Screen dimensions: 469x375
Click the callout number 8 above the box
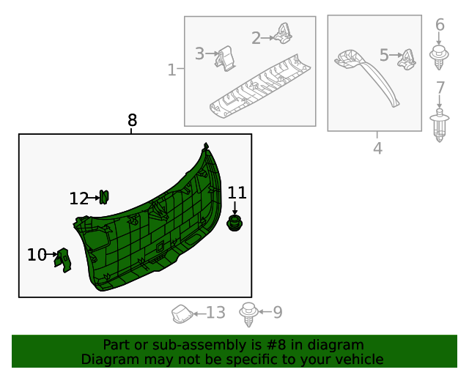pos(132,120)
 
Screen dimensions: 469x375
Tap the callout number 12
pos(78,198)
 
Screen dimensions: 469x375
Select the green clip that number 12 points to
pos(104,197)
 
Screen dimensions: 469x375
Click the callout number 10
pos(37,255)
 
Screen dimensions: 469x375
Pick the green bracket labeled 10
pos(63,260)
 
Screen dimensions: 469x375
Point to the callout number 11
pos(237,193)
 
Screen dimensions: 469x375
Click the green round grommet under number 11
pos(234,223)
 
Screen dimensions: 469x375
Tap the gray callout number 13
pos(215,313)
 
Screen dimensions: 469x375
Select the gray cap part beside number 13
pos(182,313)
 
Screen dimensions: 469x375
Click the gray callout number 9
pos(278,312)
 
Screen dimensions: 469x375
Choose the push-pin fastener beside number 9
pos(248,314)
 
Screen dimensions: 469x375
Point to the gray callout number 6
pos(440,24)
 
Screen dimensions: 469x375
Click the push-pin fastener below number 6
pos(439,57)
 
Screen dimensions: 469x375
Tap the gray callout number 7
pos(440,88)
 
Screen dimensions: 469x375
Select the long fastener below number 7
pos(440,125)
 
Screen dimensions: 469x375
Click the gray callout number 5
pos(384,56)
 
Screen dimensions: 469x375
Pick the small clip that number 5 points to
pos(407,59)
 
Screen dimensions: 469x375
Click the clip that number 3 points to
pos(225,59)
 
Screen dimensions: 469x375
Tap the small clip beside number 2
pos(283,34)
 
